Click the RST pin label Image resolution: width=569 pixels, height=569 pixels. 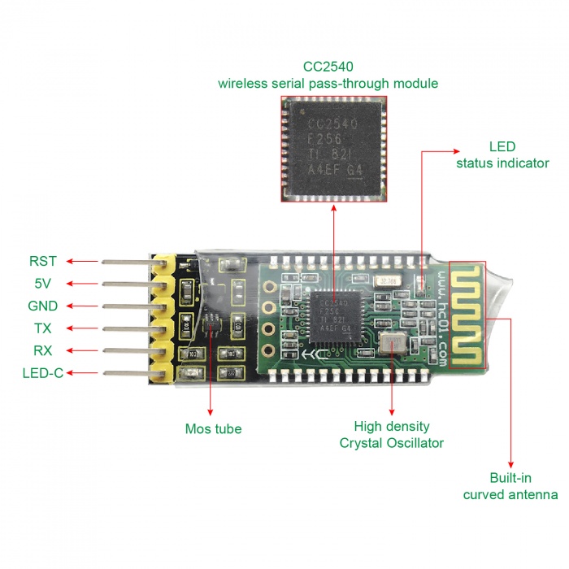click(43, 261)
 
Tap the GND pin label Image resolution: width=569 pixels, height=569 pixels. click(42, 306)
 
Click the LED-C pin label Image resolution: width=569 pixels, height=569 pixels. click(43, 374)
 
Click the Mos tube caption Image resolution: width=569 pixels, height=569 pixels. click(213, 428)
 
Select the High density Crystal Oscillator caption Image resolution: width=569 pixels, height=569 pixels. click(392, 434)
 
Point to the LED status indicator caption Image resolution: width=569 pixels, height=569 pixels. click(502, 155)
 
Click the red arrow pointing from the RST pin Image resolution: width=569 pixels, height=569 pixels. click(82, 261)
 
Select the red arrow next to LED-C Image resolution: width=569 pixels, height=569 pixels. click(82, 373)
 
